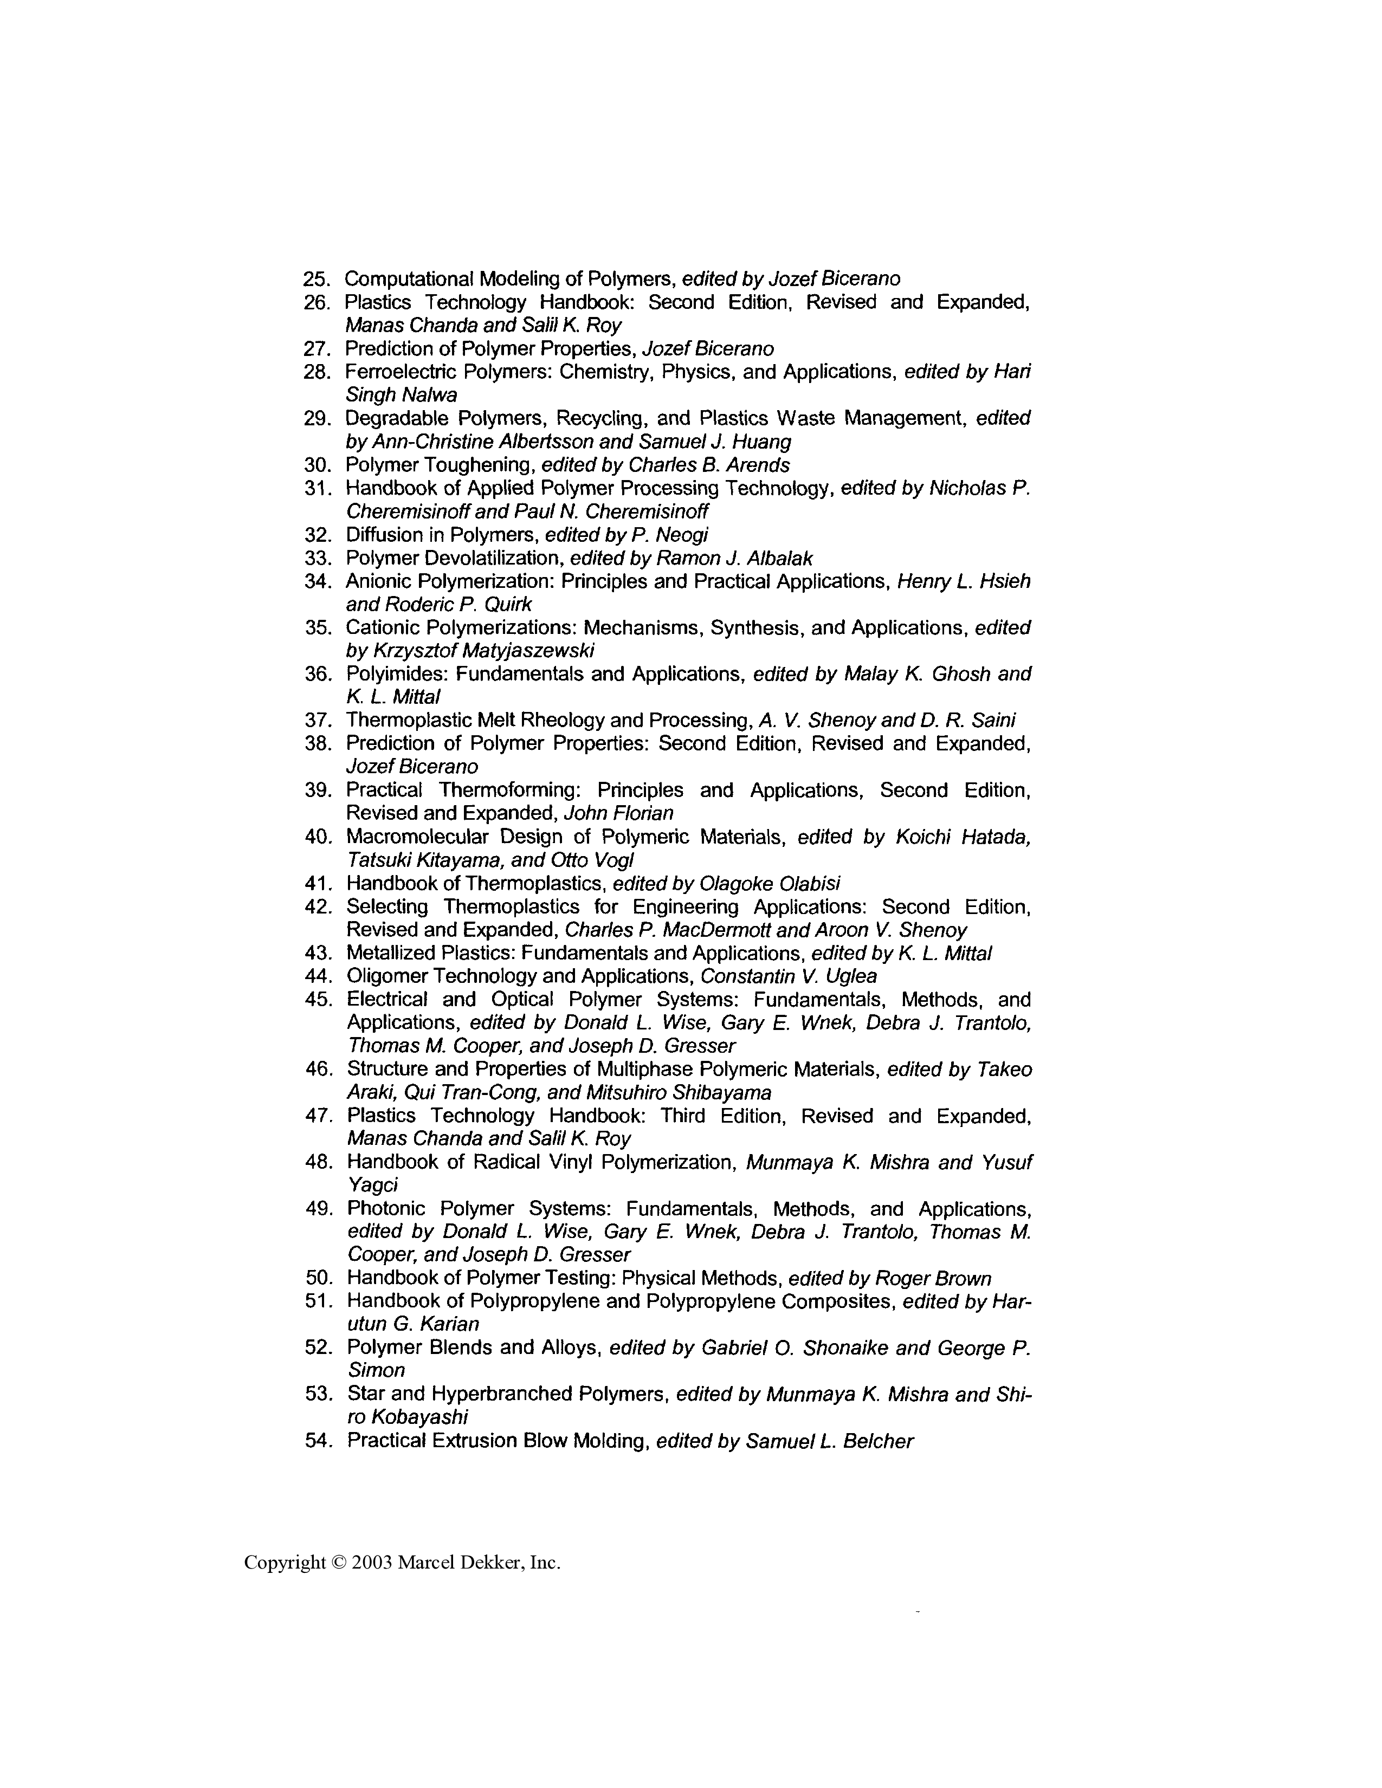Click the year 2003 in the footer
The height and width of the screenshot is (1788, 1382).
pos(372,1563)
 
